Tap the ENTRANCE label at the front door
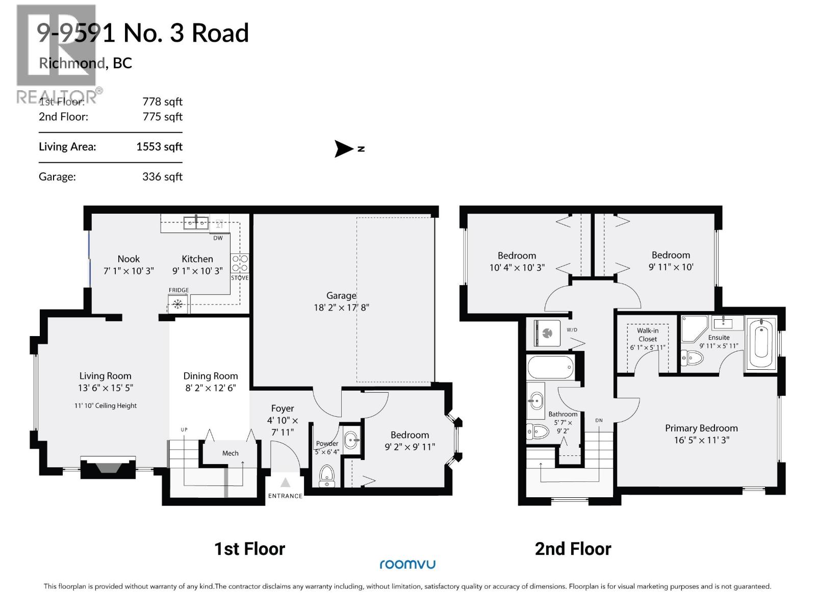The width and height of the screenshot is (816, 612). point(285,496)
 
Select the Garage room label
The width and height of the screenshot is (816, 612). point(341,295)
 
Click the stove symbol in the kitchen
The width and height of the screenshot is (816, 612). point(240,263)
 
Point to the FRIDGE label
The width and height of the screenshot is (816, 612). point(178,290)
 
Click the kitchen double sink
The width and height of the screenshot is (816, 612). point(196,222)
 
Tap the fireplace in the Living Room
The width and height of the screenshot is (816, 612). point(108,468)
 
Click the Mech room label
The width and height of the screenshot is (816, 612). point(230,453)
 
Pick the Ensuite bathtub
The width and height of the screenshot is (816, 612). point(761,343)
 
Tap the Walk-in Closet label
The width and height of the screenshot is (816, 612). point(648,335)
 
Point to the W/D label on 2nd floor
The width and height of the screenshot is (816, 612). point(572,330)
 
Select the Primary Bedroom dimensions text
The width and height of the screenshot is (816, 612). point(701,440)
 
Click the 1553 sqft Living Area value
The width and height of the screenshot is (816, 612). point(159,147)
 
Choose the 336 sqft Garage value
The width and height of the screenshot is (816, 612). point(162,177)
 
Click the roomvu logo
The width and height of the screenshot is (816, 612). point(407,564)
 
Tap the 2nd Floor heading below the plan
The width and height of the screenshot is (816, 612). point(573,549)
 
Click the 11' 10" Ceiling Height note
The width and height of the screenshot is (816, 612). point(106,406)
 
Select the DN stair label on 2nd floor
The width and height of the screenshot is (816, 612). point(599,420)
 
